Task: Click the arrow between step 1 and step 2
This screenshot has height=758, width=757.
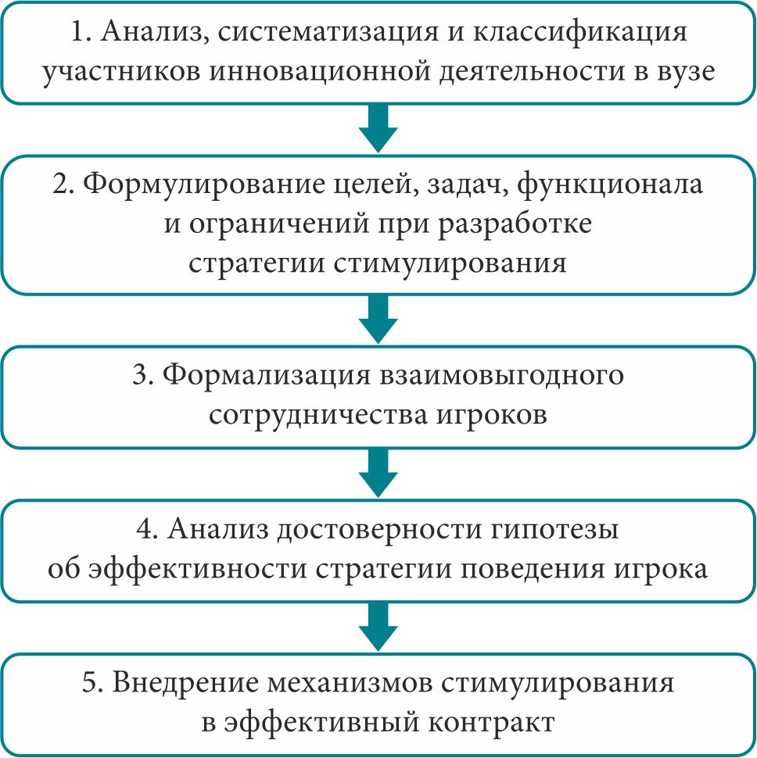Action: [378, 129]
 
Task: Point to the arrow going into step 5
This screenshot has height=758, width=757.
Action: [378, 627]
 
